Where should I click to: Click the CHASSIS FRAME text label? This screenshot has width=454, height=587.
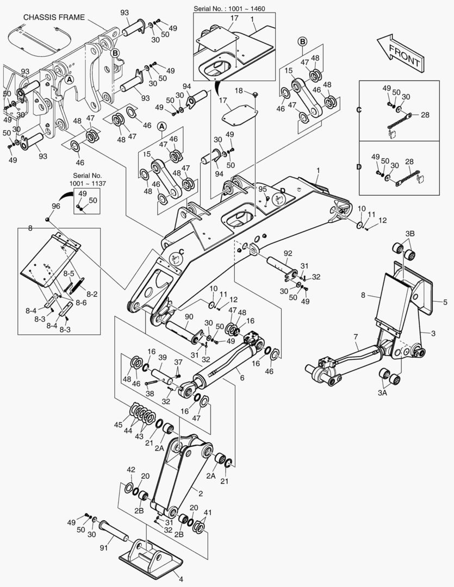54,17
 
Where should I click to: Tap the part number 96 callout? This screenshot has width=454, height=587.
55,206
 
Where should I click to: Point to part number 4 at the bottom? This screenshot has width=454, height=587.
181,579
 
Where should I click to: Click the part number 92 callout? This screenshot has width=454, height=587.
288,253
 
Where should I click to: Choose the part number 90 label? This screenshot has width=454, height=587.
189,317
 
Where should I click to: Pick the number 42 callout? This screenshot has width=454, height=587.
130,470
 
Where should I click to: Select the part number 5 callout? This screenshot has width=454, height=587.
444,302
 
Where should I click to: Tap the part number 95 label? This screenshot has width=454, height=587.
263,189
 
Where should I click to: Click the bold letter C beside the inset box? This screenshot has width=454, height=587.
359,110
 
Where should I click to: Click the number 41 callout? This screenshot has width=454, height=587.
207,513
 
